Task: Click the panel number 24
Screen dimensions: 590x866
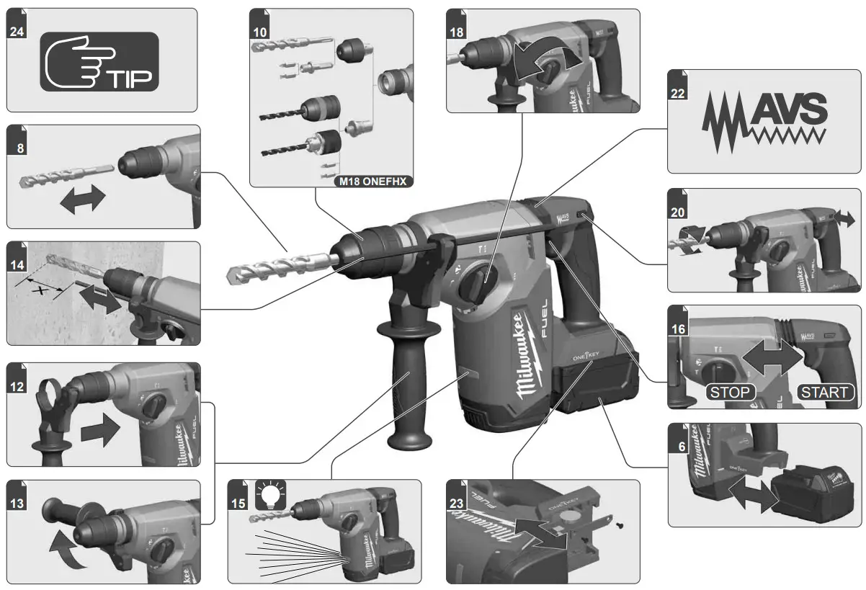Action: [16, 32]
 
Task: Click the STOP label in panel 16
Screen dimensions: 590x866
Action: [731, 393]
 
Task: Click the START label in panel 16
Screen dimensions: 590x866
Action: [824, 393]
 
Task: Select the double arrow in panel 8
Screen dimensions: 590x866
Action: [82, 202]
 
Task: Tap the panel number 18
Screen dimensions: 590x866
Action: [457, 32]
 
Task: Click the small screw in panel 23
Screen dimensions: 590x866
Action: [620, 525]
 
